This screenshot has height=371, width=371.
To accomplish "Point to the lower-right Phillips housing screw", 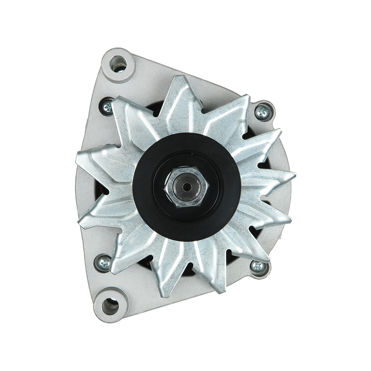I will click(x=257, y=266).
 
